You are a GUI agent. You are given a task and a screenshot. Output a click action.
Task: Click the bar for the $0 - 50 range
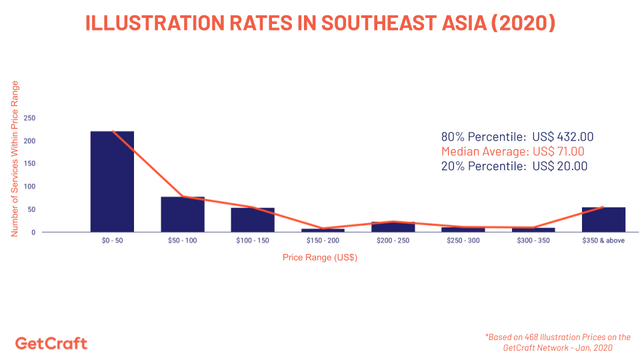(x=112, y=181)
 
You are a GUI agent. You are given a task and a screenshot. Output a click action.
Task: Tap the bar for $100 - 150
(x=253, y=220)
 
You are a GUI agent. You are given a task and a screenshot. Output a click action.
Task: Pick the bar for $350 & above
(x=603, y=219)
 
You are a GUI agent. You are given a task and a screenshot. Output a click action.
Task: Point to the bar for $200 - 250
(x=393, y=227)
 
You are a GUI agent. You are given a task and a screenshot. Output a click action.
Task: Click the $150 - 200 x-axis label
(x=323, y=241)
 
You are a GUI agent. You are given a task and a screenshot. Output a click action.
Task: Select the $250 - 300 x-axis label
(x=463, y=241)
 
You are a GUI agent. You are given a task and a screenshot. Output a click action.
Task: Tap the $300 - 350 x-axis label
(x=533, y=241)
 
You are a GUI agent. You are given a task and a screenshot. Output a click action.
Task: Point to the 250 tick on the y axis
(x=29, y=118)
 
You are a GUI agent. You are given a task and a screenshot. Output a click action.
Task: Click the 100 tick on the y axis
(x=29, y=187)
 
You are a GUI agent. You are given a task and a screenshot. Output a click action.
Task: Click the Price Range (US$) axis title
(x=320, y=257)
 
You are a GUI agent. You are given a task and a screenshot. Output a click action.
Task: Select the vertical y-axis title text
(x=15, y=159)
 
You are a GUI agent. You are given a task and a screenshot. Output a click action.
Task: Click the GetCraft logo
(x=51, y=343)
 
